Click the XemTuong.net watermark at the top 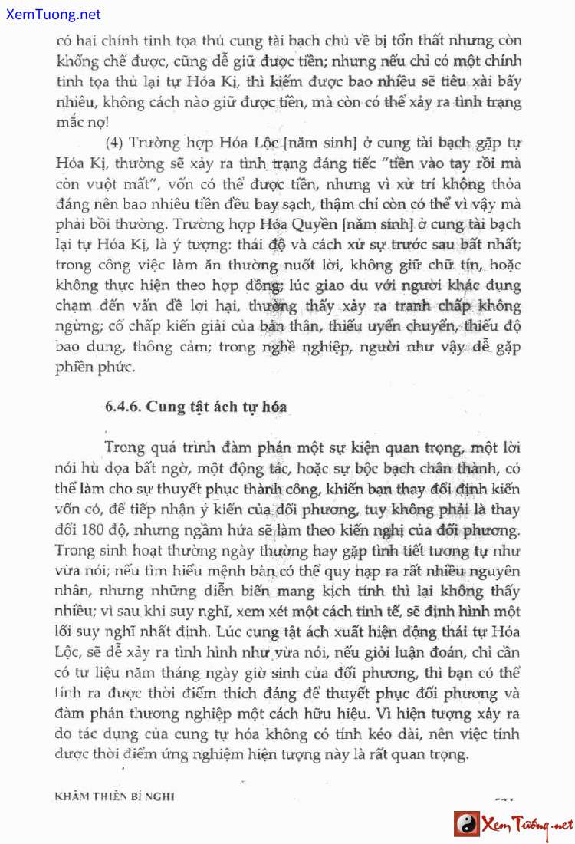pyautogui.click(x=51, y=14)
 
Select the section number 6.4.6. pyautogui.click(x=123, y=407)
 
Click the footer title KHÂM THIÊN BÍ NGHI pyautogui.click(x=115, y=796)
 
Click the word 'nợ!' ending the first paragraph pyautogui.click(x=95, y=121)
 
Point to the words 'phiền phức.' pyautogui.click(x=96, y=368)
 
